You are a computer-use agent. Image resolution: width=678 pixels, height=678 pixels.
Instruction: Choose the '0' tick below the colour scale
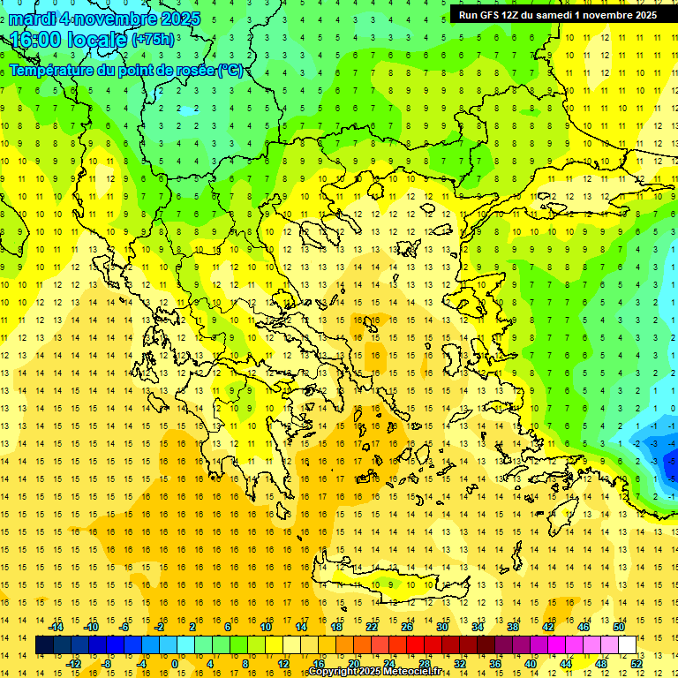point(174,664)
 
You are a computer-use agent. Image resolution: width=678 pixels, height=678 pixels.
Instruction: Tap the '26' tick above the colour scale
point(407,627)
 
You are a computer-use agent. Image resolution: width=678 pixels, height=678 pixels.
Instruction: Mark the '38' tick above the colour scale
point(513,627)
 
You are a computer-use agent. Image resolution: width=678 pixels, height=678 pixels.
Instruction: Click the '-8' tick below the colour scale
point(107,664)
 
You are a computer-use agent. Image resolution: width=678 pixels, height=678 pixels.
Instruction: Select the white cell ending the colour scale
point(628,645)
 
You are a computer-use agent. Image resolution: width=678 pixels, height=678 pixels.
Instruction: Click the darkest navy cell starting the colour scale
point(45,645)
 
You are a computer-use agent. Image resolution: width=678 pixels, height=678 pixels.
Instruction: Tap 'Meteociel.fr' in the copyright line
point(411,672)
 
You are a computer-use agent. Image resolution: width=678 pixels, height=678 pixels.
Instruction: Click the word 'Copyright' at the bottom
point(335,672)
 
